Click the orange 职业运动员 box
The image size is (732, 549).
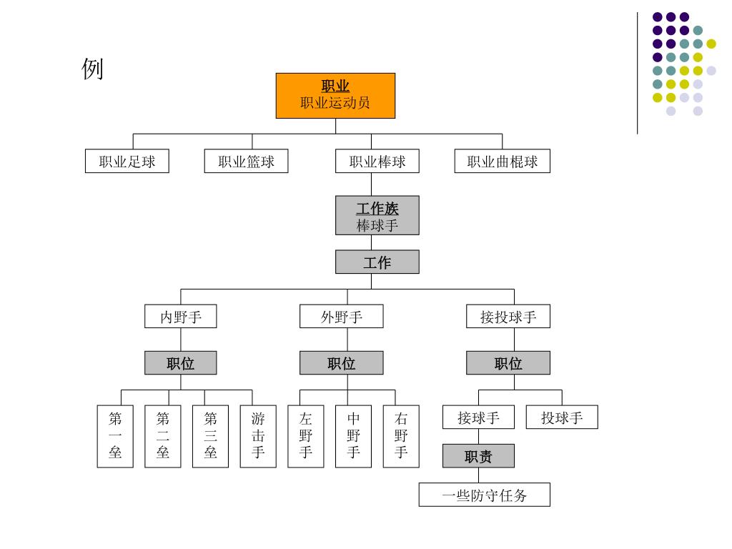[335, 95]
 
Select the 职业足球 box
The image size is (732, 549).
[127, 161]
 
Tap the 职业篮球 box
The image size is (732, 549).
[246, 161]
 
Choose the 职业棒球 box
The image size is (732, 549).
[377, 161]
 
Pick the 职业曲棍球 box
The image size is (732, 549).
[502, 161]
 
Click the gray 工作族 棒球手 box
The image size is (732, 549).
[377, 215]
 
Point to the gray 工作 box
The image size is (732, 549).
[377, 262]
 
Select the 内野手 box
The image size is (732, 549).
[180, 316]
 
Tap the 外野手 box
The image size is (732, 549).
[341, 316]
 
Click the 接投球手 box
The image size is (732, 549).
[508, 316]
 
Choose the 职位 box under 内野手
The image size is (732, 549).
[180, 363]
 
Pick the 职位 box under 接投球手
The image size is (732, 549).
[508, 363]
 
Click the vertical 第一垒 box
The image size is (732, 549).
[115, 436]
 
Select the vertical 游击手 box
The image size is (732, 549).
[258, 436]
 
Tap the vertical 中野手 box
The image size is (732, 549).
[353, 436]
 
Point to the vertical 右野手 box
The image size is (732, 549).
[401, 436]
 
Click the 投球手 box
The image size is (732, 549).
[562, 417]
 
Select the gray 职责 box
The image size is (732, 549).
[478, 455]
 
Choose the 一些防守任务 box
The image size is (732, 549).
[484, 495]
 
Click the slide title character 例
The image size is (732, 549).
[93, 69]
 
